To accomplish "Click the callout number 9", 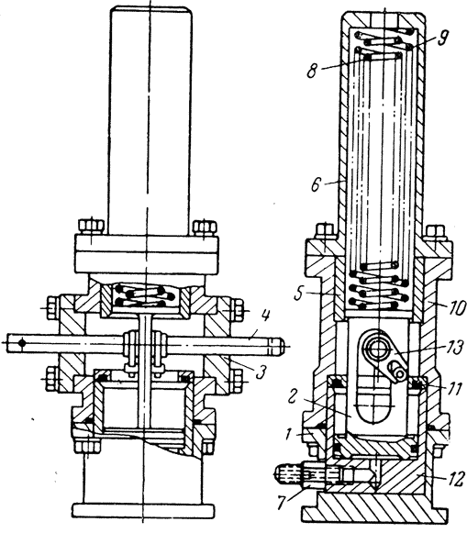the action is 442,38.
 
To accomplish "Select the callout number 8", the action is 313,71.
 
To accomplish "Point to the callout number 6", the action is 317,184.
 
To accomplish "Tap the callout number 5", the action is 299,294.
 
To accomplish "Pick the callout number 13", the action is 455,348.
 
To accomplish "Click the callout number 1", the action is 288,435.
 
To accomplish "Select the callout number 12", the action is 455,479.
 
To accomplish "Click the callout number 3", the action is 260,372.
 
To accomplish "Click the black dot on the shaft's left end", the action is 22,343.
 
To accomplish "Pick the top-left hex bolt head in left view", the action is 91,227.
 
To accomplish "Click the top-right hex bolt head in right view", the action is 437,232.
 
